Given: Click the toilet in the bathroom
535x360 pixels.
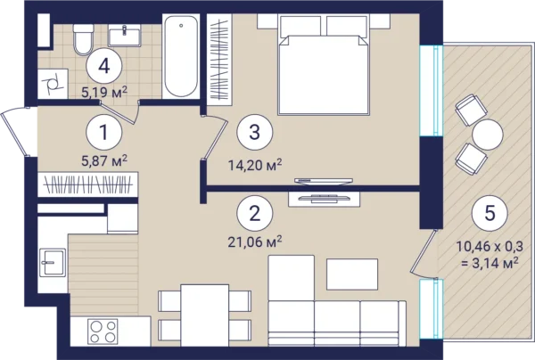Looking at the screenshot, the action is click(x=83, y=39).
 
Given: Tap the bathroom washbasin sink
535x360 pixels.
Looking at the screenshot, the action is click(x=125, y=36).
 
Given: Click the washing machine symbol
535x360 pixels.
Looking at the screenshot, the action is click(x=53, y=84).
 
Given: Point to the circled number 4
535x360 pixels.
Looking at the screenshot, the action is click(x=104, y=66).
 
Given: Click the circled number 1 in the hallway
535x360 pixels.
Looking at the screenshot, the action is click(x=104, y=132).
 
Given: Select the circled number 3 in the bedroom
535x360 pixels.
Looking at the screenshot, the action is click(x=255, y=132).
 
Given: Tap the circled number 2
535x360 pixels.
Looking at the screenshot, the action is click(x=255, y=213).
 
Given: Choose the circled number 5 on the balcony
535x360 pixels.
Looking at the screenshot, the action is click(x=490, y=213).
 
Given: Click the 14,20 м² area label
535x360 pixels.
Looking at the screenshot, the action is click(x=255, y=166).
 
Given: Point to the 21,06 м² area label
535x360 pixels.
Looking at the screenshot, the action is click(x=255, y=242).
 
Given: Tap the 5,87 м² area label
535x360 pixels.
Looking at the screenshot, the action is click(x=104, y=160).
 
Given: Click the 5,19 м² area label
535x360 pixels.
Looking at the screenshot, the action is click(x=104, y=92).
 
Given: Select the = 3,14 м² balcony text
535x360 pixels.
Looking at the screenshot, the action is click(x=490, y=263).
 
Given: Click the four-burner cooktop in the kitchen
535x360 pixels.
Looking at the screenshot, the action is click(x=103, y=331).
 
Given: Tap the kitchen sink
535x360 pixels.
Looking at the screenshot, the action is click(x=53, y=262).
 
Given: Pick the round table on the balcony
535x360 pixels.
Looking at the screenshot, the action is click(x=488, y=135).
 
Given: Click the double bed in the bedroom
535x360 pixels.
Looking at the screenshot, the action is click(x=324, y=65).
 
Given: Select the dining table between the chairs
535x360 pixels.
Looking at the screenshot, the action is click(x=205, y=315).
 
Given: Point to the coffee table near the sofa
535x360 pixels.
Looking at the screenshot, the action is click(x=352, y=274).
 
